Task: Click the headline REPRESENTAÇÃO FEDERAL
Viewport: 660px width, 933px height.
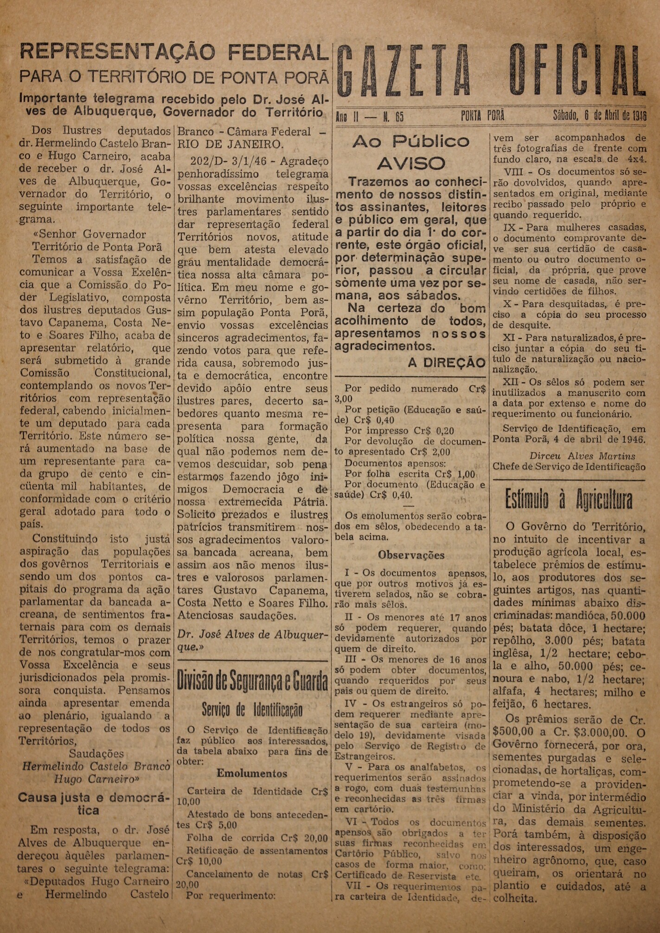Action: [x=174, y=52]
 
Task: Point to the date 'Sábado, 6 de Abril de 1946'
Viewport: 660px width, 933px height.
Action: [x=599, y=115]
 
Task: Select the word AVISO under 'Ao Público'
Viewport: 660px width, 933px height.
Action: [x=411, y=163]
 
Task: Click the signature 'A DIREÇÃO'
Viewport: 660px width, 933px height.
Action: [x=447, y=363]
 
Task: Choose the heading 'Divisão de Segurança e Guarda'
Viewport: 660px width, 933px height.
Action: [x=252, y=682]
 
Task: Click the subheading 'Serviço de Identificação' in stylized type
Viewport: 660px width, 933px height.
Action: [x=252, y=709]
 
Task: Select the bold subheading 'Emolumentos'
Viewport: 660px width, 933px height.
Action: [x=252, y=773]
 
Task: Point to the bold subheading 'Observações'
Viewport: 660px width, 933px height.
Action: [x=411, y=555]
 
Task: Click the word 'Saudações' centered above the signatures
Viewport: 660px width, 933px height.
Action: [x=96, y=754]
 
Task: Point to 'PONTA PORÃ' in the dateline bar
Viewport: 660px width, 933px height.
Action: [x=482, y=116]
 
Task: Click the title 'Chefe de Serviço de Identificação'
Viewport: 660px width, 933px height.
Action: [x=569, y=467]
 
